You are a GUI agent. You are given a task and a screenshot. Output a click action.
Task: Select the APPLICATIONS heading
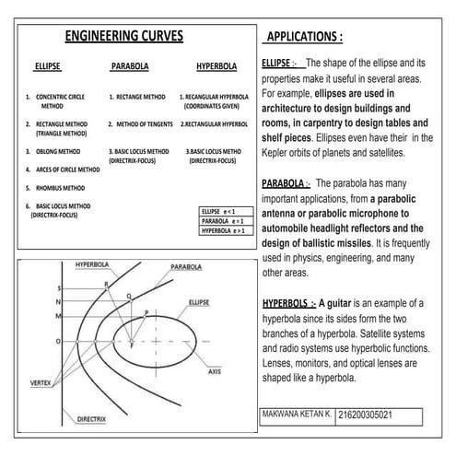pyautogui.click(x=303, y=38)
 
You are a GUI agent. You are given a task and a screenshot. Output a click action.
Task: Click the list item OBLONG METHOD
pyautogui.click(x=56, y=151)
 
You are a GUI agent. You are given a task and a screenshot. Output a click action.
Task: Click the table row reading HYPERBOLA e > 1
pyautogui.click(x=225, y=231)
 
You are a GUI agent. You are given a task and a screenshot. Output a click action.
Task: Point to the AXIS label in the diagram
pyautogui.click(x=215, y=371)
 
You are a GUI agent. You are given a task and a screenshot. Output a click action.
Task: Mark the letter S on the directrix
pyautogui.click(x=58, y=288)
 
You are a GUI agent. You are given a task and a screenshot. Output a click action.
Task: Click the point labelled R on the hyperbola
pyautogui.click(x=106, y=286)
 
